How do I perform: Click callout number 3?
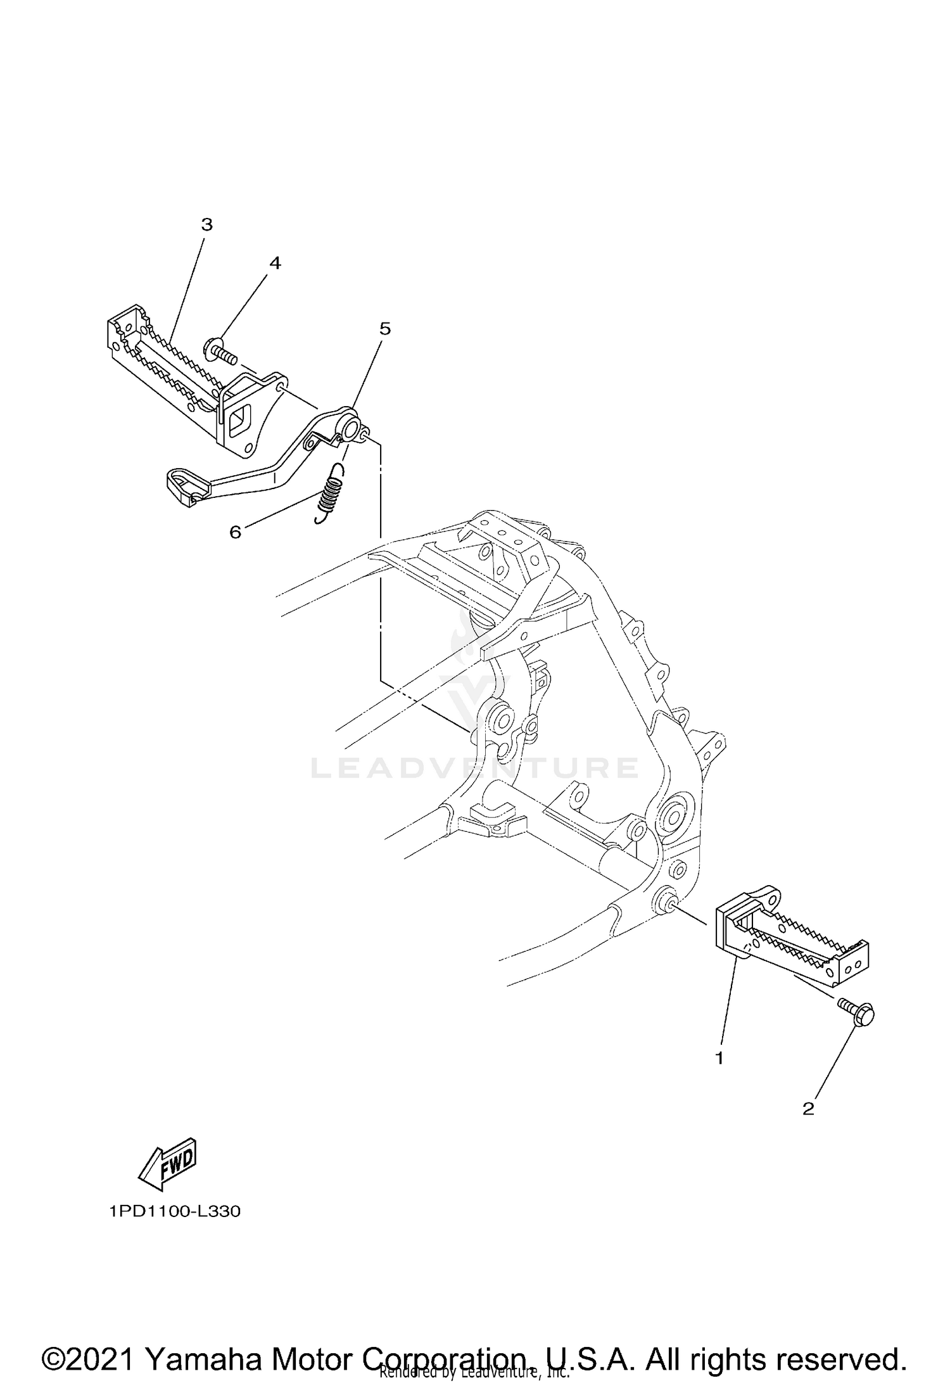[x=206, y=224]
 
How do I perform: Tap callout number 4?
[x=274, y=263]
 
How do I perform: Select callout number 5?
[x=385, y=328]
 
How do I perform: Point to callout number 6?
[x=235, y=532]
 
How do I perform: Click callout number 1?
[x=719, y=1057]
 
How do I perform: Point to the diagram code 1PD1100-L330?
[x=175, y=1212]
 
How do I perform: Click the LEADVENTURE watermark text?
[x=474, y=768]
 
